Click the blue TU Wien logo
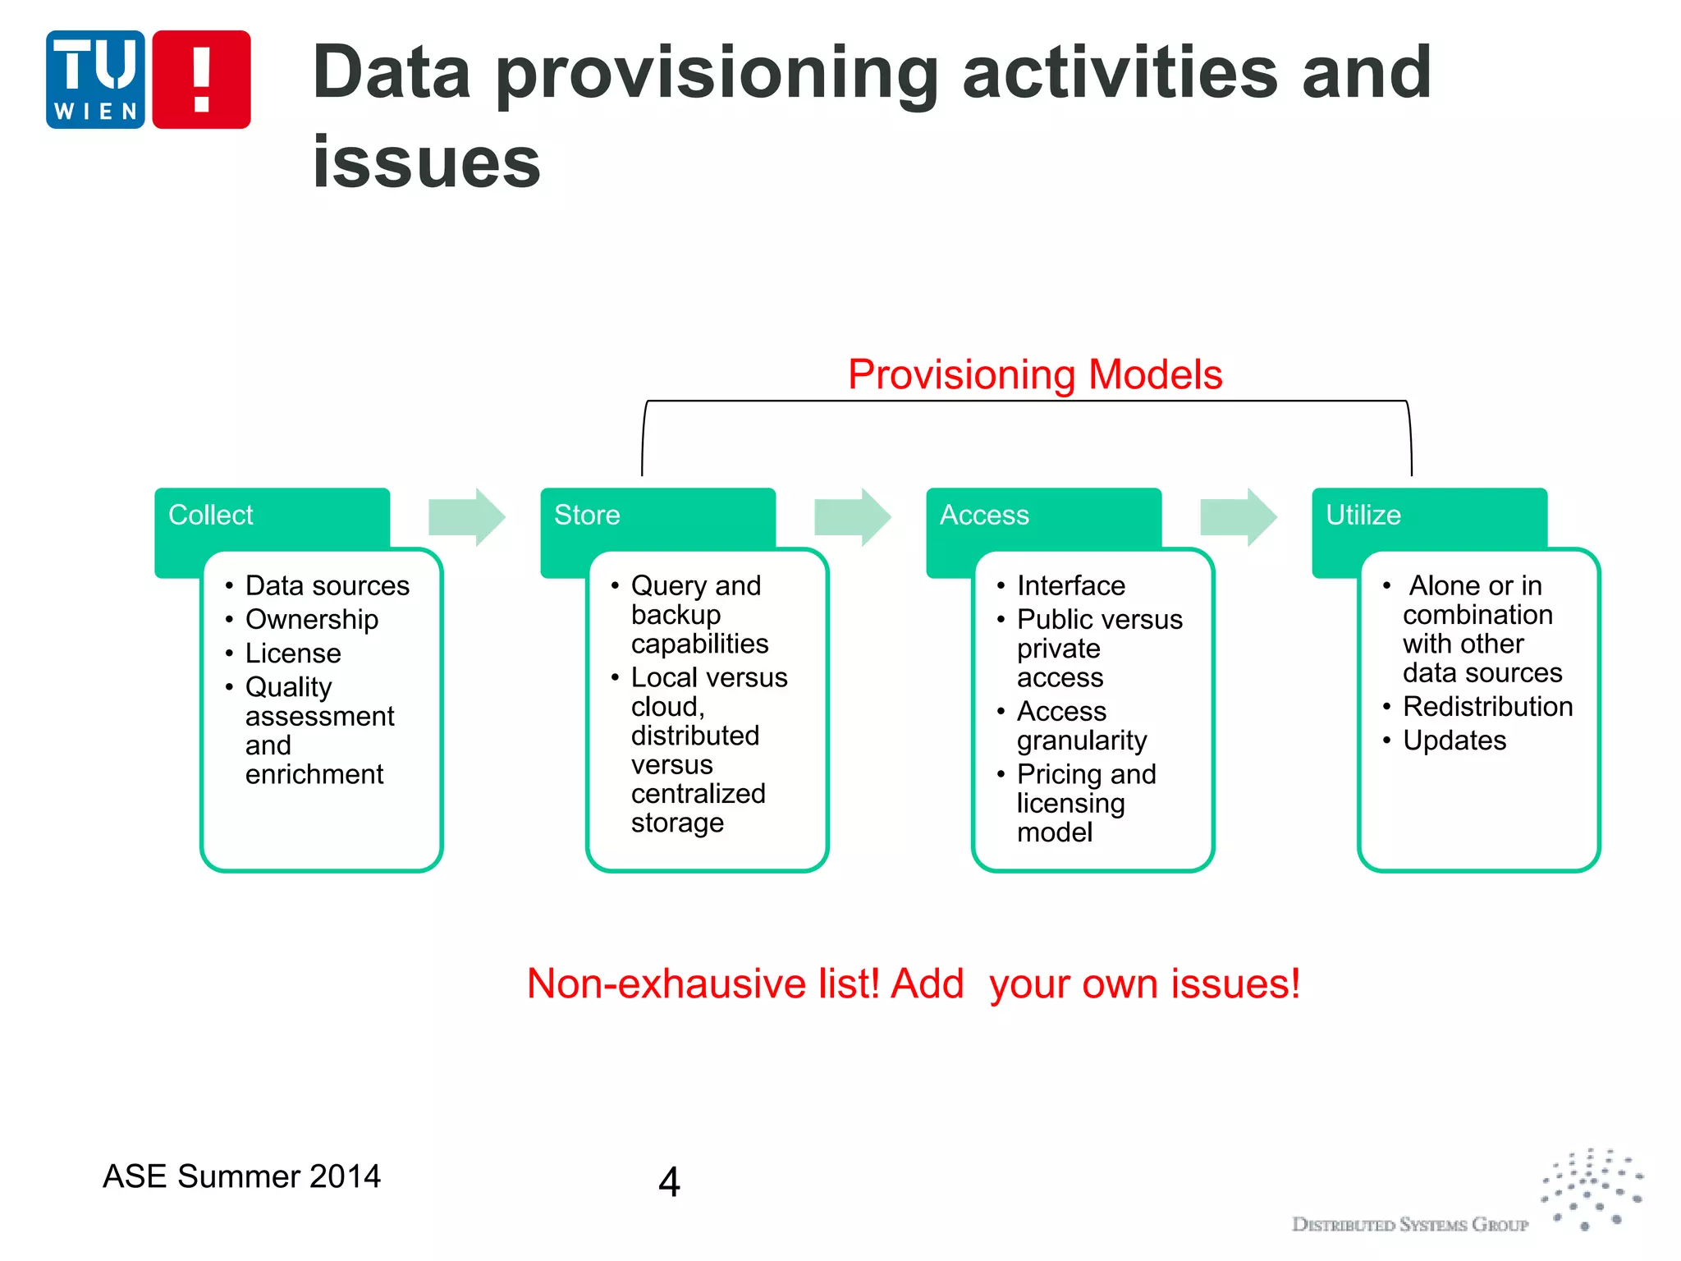click(95, 80)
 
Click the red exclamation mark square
click(201, 80)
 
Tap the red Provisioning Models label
click(1034, 374)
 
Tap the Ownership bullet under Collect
click(311, 619)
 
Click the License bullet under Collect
click(293, 653)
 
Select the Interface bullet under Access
click(1070, 585)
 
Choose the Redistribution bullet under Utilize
click(1486, 706)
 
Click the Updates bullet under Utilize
click(1454, 741)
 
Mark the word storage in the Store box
click(677, 823)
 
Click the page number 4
click(669, 1182)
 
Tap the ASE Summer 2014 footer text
click(241, 1176)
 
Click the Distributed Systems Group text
click(1409, 1225)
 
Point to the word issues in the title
click(427, 162)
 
